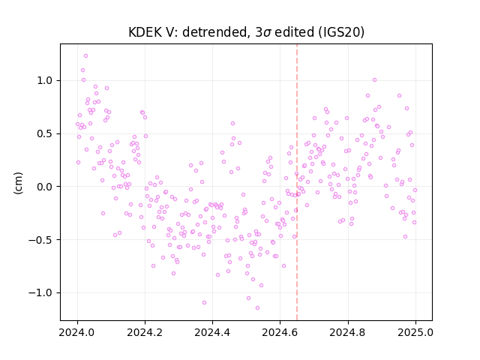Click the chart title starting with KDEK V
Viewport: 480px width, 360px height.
[x=246, y=32]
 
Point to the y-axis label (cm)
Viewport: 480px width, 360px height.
[x=18, y=183]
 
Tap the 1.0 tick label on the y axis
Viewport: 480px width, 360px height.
[x=45, y=80]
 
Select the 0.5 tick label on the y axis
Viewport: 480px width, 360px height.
[x=45, y=133]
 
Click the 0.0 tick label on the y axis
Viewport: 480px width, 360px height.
[x=45, y=187]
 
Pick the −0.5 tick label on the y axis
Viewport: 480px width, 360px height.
[x=40, y=240]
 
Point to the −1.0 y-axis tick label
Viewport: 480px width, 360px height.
[x=40, y=293]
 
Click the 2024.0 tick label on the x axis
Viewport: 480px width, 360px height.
[x=77, y=332]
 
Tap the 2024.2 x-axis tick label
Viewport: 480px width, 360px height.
[x=145, y=332]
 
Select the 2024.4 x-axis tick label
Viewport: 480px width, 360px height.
[x=212, y=332]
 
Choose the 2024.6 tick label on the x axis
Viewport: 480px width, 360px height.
[x=280, y=332]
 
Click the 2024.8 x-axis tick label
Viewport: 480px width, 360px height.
[x=348, y=332]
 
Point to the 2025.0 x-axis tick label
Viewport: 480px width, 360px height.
[x=415, y=332]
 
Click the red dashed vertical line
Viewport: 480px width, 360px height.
[x=297, y=182]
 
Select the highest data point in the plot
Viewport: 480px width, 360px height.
[x=85, y=56]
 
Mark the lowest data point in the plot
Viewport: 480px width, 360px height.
[x=257, y=308]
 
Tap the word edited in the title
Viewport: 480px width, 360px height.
[x=295, y=32]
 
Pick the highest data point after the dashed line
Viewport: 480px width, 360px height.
[x=374, y=80]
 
